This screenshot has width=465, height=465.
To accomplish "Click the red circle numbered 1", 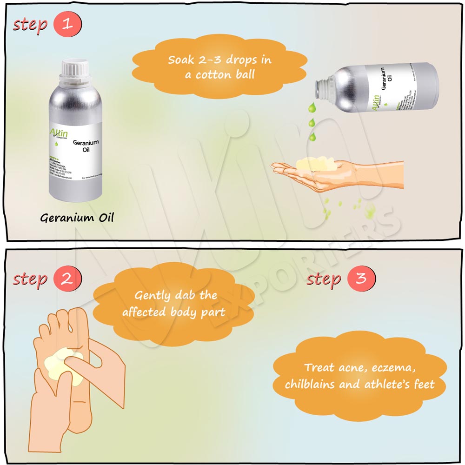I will pos(68,24).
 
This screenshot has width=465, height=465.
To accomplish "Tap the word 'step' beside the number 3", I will pos(324,279).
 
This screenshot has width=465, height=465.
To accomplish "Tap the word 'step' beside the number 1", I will pos(30,24).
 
